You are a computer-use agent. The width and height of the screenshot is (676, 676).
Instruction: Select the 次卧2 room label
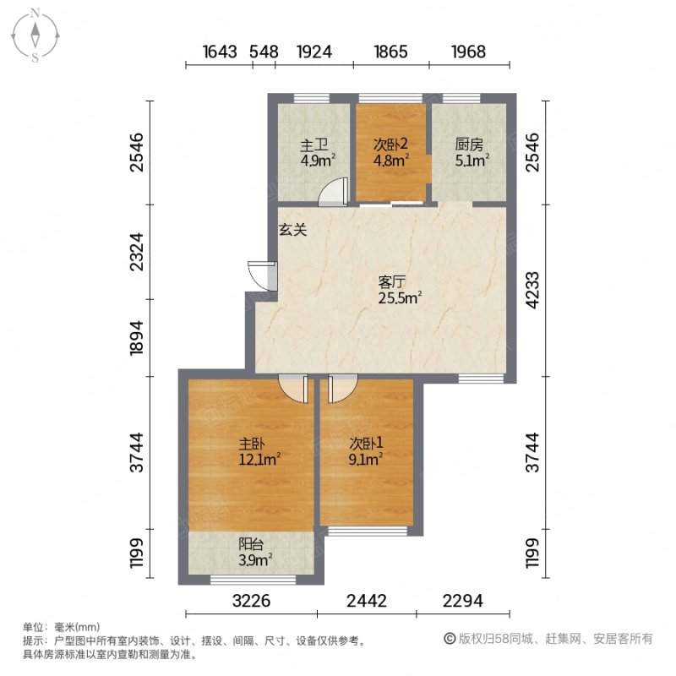pos(391,150)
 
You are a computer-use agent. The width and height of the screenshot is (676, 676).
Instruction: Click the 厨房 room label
pos(470,151)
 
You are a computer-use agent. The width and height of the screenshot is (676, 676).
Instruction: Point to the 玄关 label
pos(293,229)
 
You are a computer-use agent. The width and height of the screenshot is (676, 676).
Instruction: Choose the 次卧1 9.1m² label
pos(366,452)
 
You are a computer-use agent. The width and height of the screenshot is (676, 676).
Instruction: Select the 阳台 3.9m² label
pos(253,551)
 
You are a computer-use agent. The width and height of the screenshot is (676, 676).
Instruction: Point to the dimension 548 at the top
pos(264,52)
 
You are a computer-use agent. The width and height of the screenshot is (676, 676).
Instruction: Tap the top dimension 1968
pos(468,52)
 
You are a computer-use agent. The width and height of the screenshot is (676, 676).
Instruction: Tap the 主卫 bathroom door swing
pos(333,194)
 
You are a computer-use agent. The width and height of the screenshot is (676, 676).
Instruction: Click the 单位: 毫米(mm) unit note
pos(61,627)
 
